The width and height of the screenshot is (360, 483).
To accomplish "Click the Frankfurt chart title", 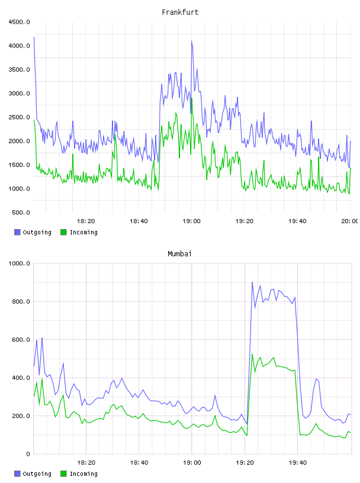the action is (x=180, y=12).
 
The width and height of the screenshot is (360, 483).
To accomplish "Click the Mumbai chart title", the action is (x=179, y=254).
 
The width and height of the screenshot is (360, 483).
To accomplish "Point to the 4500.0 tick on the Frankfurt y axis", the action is (x=19, y=22).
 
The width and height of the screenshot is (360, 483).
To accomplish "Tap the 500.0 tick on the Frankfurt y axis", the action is (x=21, y=212).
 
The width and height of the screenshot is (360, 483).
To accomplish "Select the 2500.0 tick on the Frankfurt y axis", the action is (x=19, y=117).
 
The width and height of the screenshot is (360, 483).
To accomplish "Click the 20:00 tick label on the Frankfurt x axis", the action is (x=349, y=221).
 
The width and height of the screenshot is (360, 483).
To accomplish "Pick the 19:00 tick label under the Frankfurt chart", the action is (x=191, y=221).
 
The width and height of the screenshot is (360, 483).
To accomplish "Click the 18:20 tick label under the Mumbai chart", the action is (x=86, y=463).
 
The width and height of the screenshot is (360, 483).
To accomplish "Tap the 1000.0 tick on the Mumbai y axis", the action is (x=19, y=263).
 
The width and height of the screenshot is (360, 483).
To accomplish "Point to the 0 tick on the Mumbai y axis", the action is (x=28, y=454).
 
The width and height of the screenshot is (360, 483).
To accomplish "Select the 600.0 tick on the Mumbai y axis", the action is (x=21, y=340).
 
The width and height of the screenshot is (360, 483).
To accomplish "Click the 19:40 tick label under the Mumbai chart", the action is (x=298, y=463).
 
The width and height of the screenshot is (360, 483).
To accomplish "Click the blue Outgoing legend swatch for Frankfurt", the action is (x=17, y=232).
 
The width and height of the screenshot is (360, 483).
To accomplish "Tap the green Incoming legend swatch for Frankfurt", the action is (x=63, y=232).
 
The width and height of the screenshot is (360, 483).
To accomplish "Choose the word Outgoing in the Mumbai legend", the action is (x=37, y=474).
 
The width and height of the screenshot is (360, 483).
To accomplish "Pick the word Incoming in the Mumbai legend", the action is (x=83, y=474).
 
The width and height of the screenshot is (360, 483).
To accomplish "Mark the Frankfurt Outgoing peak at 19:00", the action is (x=192, y=41).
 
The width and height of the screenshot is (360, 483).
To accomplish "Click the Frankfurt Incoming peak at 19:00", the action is (x=192, y=98).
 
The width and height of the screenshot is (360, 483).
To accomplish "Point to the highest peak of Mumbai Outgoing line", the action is (x=252, y=282).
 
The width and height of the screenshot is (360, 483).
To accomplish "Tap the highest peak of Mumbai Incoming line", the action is (x=252, y=354).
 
